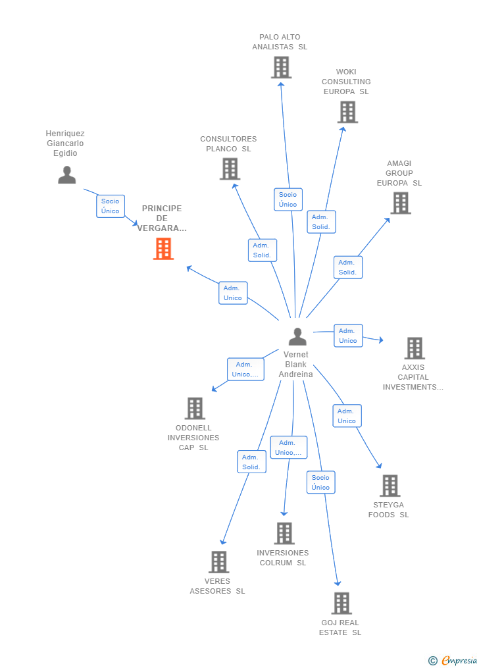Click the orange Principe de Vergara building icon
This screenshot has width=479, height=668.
[x=163, y=249]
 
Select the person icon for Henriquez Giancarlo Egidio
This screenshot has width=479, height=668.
[x=66, y=175]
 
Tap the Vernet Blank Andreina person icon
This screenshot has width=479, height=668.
[x=297, y=337]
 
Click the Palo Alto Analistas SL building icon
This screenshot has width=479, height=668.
[x=281, y=67]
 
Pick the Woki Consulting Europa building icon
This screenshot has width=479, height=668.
[x=347, y=112]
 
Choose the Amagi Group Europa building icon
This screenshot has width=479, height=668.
[x=401, y=203]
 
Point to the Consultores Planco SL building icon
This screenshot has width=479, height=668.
[x=230, y=169]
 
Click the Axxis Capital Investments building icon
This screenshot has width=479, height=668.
[x=415, y=348]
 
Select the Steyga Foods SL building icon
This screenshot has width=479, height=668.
[x=390, y=486]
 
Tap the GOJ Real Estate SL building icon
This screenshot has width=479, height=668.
[x=341, y=603]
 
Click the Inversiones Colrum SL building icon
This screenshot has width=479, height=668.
[x=284, y=533]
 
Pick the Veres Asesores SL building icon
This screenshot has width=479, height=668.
[x=219, y=562]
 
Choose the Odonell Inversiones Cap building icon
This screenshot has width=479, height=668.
[x=195, y=408]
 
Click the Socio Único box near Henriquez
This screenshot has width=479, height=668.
[x=111, y=206]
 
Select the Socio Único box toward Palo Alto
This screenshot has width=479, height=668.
[x=288, y=199]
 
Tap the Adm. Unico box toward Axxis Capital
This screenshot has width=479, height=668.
[x=348, y=336]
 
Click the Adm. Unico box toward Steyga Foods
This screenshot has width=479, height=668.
[x=347, y=416]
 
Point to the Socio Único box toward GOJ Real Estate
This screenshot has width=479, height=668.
[x=320, y=482]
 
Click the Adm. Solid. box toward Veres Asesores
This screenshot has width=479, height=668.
[x=251, y=462]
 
